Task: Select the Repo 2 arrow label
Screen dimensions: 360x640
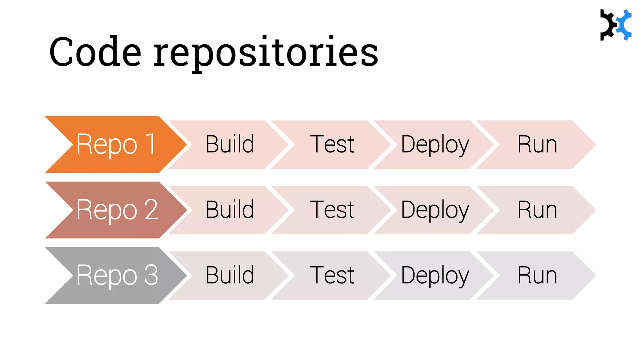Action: coord(117,210)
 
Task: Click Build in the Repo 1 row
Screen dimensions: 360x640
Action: coord(230,144)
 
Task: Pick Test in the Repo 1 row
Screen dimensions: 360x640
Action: coord(332,144)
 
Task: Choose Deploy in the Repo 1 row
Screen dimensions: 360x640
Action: coord(435,144)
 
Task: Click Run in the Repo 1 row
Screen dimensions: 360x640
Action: coord(537,144)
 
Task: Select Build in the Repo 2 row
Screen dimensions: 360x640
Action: coord(230,210)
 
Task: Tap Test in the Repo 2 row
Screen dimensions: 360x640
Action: coord(332,210)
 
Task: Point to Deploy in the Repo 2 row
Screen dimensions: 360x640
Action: coord(435,210)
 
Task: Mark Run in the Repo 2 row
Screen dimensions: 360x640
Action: coord(537,210)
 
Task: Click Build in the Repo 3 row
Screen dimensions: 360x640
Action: coord(230,275)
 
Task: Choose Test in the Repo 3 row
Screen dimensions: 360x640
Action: coord(332,275)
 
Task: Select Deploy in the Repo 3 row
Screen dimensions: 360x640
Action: coord(435,275)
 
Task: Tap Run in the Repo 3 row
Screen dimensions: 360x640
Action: coord(537,275)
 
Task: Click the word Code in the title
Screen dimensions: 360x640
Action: coord(95,52)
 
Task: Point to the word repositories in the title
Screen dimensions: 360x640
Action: coord(266,52)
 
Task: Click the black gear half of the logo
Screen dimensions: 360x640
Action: coord(607,25)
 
